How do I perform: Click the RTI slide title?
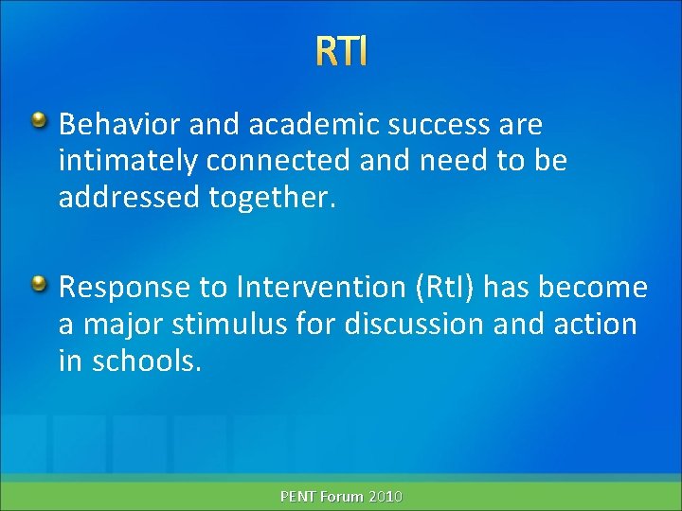tap(341, 52)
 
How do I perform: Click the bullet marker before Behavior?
tap(40, 121)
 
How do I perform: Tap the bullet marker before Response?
tap(40, 283)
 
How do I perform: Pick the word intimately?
tap(128, 162)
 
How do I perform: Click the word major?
tap(117, 324)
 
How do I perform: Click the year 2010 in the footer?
tap(385, 496)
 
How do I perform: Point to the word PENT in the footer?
tap(299, 496)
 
